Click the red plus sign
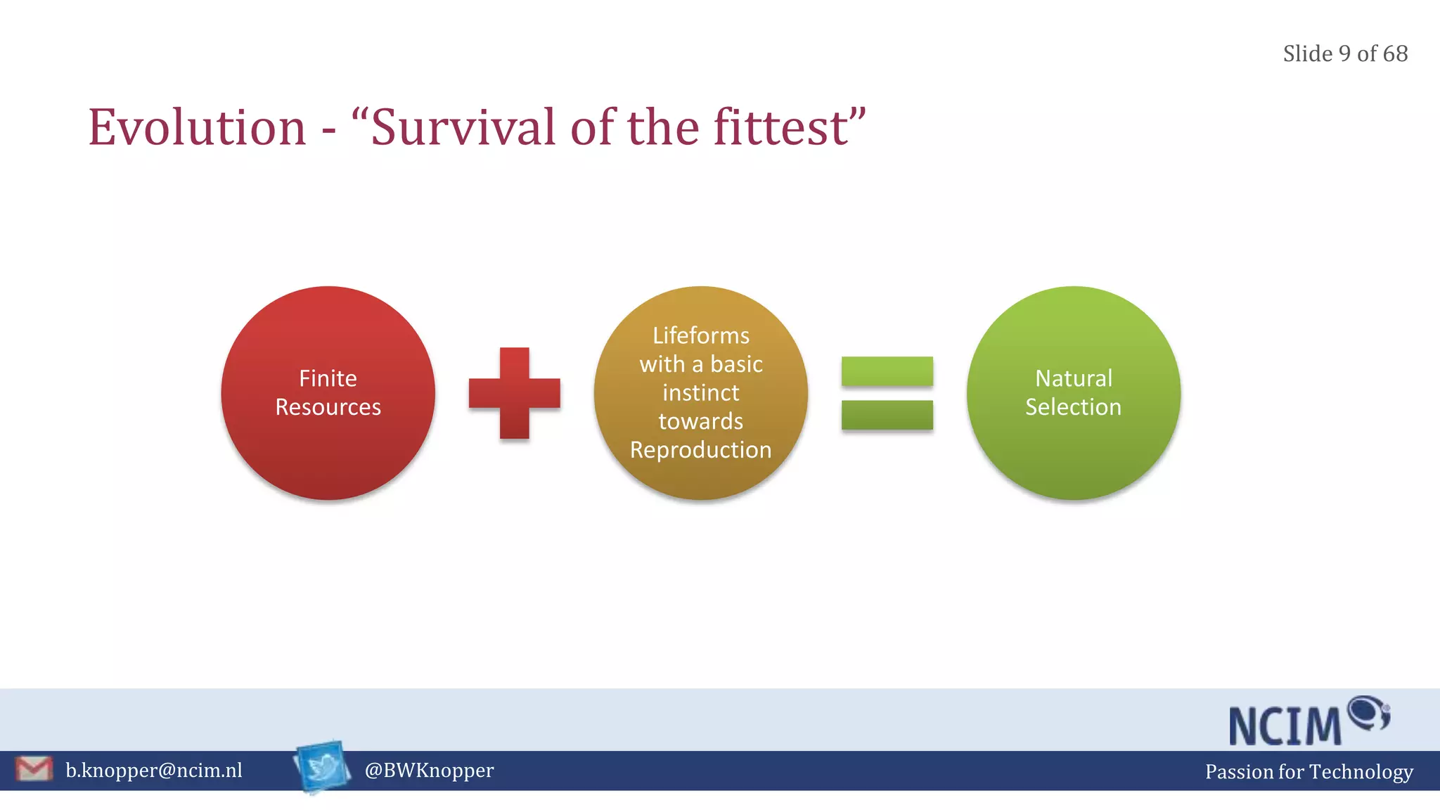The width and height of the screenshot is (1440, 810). tap(515, 393)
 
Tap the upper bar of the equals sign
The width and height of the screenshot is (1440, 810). tap(887, 371)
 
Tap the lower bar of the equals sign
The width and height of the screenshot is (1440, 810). tap(887, 415)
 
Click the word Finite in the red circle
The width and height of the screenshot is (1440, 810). tap(328, 378)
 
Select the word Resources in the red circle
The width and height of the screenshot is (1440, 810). tap(328, 407)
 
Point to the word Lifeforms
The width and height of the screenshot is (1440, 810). tap(701, 335)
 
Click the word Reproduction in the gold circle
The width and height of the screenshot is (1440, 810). tap(701, 450)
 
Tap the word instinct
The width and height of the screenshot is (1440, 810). tap(701, 392)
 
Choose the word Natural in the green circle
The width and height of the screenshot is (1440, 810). tap(1074, 378)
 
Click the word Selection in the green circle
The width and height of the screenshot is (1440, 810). tap(1074, 407)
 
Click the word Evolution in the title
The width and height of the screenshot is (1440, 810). tap(198, 128)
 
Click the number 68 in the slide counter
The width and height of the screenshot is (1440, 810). tap(1395, 53)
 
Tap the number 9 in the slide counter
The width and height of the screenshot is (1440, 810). tap(1344, 53)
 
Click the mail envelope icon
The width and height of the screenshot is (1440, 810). tap(34, 769)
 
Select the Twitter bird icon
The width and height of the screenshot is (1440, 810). tap(323, 767)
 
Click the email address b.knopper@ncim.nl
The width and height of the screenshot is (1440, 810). tap(154, 771)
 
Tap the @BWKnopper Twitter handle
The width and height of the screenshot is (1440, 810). tap(429, 771)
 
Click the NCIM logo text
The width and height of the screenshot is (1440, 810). tap(1286, 726)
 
